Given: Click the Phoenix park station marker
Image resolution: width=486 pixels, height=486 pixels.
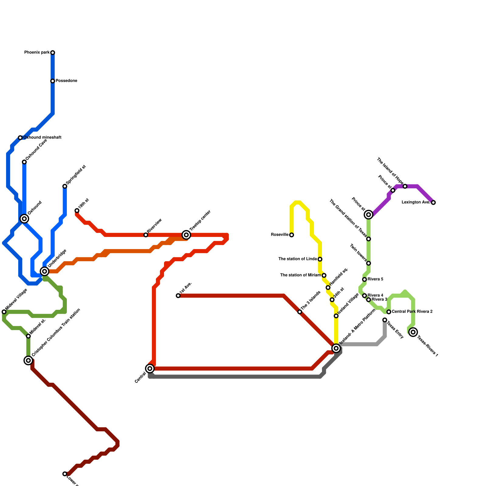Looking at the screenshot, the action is click(x=53, y=53).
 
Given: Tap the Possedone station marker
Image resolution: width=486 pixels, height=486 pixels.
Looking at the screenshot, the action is click(x=53, y=81).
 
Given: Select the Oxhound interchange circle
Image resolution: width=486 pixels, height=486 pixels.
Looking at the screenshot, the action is click(x=24, y=218).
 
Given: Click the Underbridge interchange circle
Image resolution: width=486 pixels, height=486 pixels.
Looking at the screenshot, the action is click(x=45, y=271).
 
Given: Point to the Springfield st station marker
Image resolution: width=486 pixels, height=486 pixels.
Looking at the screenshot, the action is click(x=65, y=186).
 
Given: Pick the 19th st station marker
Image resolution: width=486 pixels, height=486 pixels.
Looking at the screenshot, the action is click(x=77, y=211).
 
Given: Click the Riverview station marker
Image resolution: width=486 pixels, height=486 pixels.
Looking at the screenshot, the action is click(x=146, y=235).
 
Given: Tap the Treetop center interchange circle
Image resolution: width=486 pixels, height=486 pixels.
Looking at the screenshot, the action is click(x=187, y=235).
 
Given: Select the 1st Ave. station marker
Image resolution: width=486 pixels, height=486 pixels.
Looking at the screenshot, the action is click(x=178, y=296).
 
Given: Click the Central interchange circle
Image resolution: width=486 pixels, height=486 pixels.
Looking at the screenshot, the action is click(x=150, y=368).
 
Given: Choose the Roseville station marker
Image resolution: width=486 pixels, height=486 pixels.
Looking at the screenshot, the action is click(x=292, y=235).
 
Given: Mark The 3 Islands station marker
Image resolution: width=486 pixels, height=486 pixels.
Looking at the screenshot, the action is click(x=300, y=312).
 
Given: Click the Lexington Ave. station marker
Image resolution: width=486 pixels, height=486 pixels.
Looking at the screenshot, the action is click(x=433, y=203).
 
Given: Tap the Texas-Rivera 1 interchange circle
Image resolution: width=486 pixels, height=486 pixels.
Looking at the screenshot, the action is click(x=413, y=332).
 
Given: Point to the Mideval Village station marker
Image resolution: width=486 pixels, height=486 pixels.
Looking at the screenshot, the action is click(x=4, y=312).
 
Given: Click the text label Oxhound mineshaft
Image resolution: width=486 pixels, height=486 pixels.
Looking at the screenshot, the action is click(x=42, y=138).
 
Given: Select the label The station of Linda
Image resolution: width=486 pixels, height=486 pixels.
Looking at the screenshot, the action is click(x=298, y=259).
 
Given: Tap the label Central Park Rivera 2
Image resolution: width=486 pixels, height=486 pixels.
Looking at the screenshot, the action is click(x=412, y=312).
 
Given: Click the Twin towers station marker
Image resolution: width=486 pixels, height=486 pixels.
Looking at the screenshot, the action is click(x=368, y=263).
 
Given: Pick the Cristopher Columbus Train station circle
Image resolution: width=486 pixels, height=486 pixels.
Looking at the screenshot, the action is click(x=28, y=361).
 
